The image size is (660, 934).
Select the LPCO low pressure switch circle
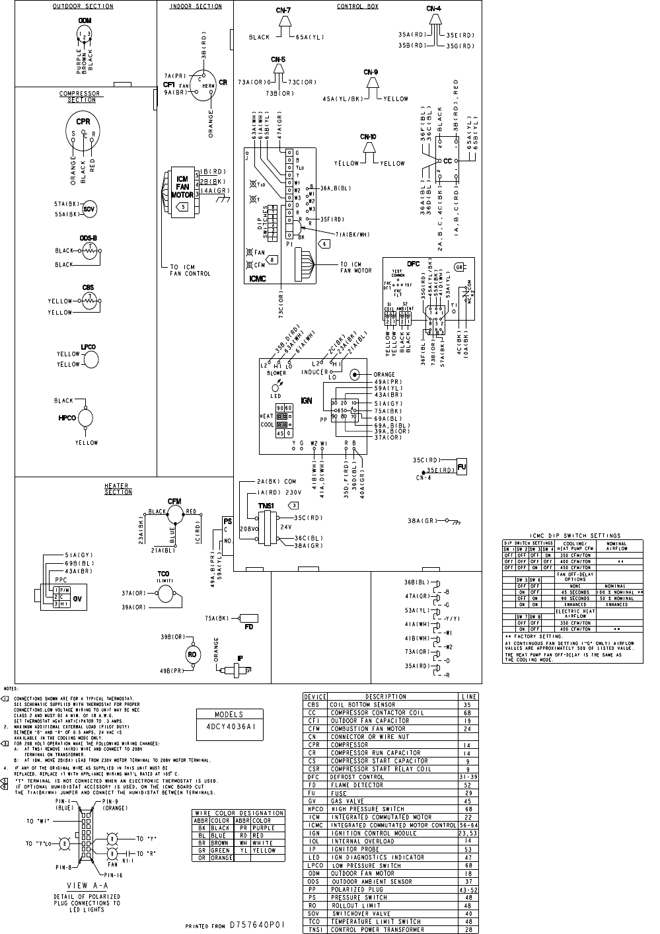pyautogui.click(x=89, y=359)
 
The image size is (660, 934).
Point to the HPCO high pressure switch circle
pyautogui.click(x=87, y=418)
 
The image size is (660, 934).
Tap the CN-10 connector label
pyautogui.click(x=369, y=137)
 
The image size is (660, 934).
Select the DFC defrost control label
pyautogui.click(x=413, y=264)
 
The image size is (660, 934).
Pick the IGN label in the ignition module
pyautogui.click(x=307, y=401)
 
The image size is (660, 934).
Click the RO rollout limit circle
pyautogui.click(x=192, y=653)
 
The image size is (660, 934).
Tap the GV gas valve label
pyautogui.click(x=77, y=598)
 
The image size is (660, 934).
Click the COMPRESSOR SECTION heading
pyautogui.click(x=79, y=97)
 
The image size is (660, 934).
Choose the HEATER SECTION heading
pyautogui.click(x=118, y=489)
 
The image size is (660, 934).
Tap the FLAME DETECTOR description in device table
pyautogui.click(x=357, y=785)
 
